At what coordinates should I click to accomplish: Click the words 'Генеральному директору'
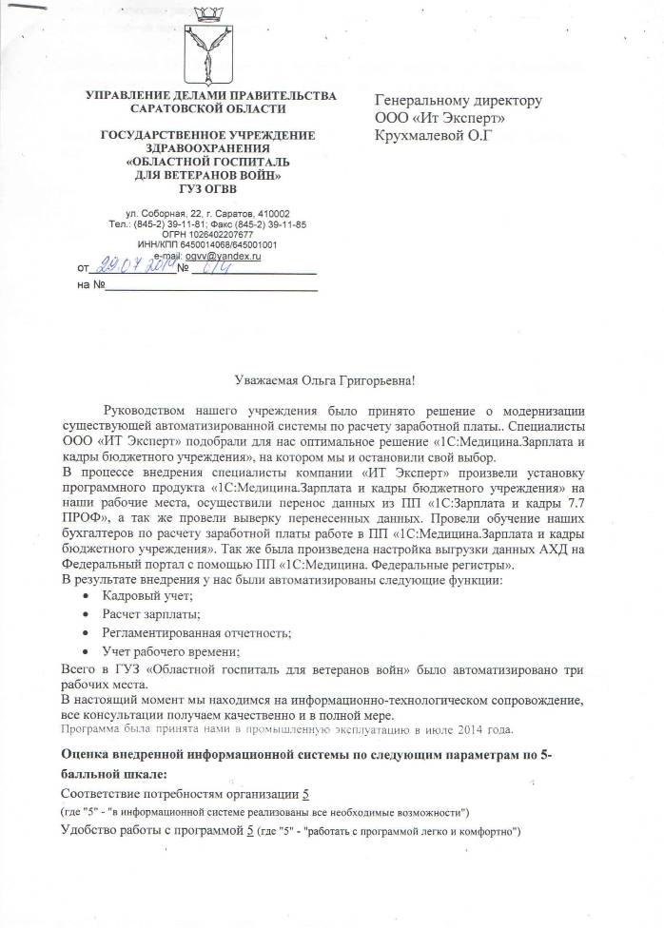pyautogui.click(x=459, y=100)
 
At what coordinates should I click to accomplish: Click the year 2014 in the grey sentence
pyautogui.click(x=463, y=729)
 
